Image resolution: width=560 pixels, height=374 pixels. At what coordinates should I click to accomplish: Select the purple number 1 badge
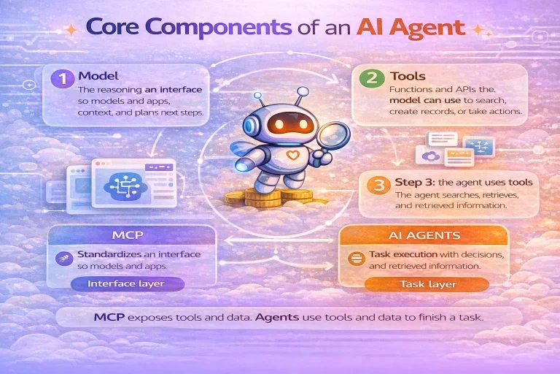click(x=63, y=77)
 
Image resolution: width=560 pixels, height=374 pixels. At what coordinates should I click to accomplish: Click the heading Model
click(x=98, y=75)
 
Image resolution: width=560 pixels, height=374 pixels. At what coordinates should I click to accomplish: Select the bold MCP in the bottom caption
click(x=108, y=318)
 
